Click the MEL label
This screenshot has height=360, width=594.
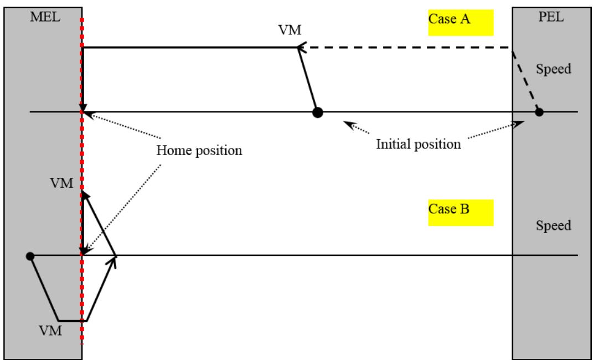pos(45,17)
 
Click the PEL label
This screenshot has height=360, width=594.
pos(551,17)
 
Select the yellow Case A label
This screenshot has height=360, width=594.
pos(461,23)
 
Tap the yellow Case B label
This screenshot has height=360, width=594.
pos(461,213)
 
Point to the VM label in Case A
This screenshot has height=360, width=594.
pos(290,30)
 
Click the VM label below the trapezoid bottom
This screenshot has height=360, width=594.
pos(50,331)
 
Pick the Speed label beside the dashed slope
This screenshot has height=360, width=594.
pos(554,69)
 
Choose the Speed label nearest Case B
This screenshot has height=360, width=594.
pos(554,225)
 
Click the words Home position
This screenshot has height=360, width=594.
pos(199,151)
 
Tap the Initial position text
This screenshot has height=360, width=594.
pos(418,144)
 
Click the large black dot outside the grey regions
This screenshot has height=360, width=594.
pos(317,112)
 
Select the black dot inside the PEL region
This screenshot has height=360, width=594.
pos(539,112)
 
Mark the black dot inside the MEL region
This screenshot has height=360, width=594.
pos(30,256)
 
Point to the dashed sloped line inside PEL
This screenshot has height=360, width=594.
pos(525,80)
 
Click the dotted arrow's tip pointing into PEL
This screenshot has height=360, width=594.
pos(524,122)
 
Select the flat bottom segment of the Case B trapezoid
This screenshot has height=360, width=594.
pos(73,321)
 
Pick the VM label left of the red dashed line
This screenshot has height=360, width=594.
pos(61,183)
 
